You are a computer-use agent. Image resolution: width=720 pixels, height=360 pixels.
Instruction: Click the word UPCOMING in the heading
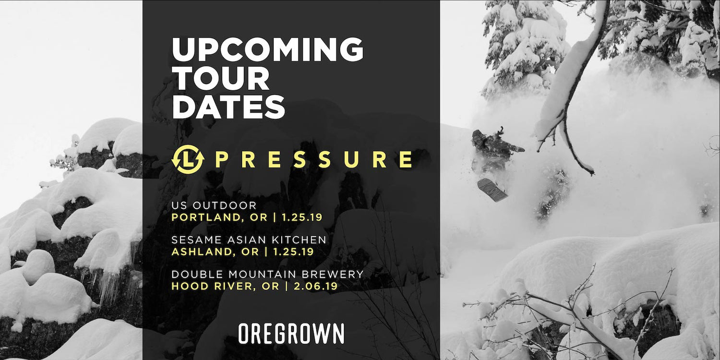pos(267,49)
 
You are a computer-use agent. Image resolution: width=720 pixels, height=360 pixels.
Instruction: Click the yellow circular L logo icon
pos(188,159)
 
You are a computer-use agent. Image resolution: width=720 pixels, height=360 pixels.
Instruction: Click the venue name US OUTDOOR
pos(207,205)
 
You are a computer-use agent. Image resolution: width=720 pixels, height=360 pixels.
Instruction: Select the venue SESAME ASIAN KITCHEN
pos(249,240)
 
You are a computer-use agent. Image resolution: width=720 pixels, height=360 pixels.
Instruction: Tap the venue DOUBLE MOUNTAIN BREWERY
pos(267,274)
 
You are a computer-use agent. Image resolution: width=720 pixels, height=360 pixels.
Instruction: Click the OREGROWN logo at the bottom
pos(291,334)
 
